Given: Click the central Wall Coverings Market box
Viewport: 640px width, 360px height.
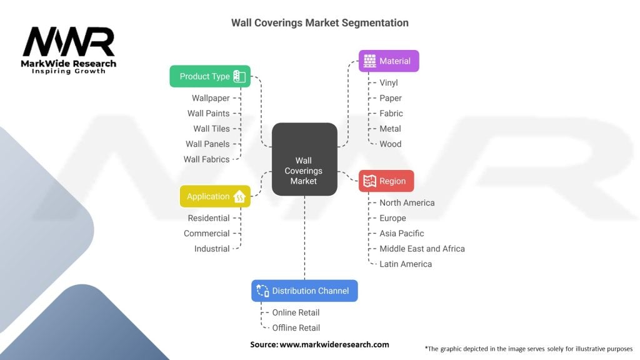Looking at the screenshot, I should point(304,159).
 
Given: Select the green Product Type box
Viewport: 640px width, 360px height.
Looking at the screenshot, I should point(210,76).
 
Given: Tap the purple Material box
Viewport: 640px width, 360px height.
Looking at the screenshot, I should point(388,61).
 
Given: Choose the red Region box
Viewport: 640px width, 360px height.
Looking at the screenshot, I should point(386,181).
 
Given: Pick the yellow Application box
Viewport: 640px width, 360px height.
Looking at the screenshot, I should point(215,196).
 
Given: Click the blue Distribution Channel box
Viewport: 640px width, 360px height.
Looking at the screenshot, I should point(304,291).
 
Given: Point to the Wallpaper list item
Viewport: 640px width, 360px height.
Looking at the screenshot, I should point(211,98).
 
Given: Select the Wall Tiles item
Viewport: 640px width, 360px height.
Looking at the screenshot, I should point(211,129).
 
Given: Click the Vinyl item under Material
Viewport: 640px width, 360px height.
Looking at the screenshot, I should point(388,82).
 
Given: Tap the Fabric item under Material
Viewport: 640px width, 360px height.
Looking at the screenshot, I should point(391,113).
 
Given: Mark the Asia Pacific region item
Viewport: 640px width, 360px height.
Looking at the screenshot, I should point(401,233).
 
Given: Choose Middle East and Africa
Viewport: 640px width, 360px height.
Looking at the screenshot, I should point(422,249).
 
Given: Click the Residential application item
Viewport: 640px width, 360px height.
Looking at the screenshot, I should point(209,218).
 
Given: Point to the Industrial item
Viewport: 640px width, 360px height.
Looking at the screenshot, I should point(212,249).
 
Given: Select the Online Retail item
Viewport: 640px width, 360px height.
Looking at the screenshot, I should point(296,312).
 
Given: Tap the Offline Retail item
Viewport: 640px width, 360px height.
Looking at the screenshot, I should point(296,328).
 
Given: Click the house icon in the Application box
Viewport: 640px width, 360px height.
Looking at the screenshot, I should point(239,197).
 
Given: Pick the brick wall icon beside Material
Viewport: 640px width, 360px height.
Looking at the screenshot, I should point(370,61).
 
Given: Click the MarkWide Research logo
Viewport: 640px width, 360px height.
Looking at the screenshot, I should point(69,50).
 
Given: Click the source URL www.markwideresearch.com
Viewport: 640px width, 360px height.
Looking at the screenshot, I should point(334,344).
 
